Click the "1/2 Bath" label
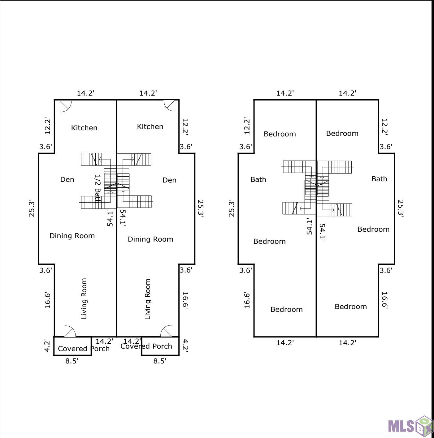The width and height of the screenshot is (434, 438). coord(98,189)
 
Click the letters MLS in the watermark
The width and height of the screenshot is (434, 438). coord(401,426)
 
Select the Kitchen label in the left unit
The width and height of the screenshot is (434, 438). coord(84,128)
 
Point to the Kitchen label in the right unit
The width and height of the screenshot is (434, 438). coord(150,127)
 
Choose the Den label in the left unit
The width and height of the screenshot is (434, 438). coord(67,180)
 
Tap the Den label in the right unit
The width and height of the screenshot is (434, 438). coord(169,180)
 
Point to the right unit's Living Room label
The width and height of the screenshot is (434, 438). coord(148,299)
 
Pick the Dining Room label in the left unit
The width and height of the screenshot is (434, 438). coord(72,236)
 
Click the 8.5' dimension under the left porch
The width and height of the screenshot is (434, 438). coord(72,361)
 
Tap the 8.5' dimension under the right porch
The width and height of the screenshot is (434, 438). coord(159,361)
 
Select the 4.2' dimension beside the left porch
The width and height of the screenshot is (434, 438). coord(47,346)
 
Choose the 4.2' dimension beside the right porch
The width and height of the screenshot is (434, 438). coord(185,346)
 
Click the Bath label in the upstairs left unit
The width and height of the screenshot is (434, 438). coord(258,180)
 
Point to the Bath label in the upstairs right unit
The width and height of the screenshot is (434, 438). coord(380,179)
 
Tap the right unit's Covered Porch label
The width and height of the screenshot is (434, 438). coord(146,346)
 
